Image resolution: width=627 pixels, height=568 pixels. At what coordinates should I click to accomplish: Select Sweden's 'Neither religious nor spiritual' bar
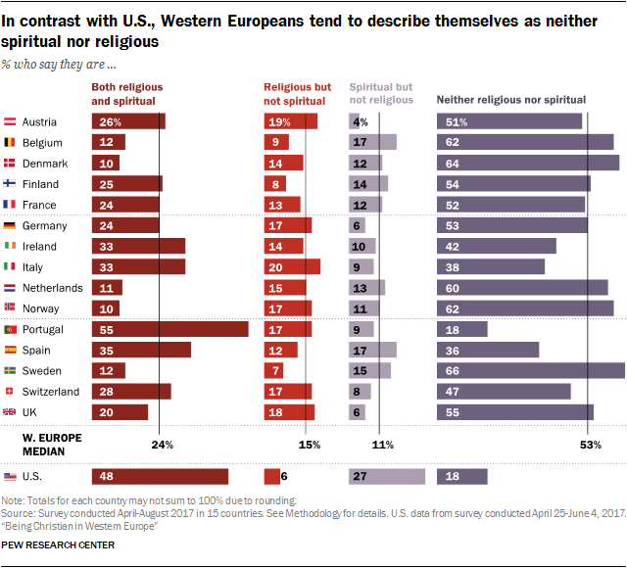[x=530, y=371]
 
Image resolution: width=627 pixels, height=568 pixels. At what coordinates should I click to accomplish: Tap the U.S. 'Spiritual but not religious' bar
[x=387, y=477]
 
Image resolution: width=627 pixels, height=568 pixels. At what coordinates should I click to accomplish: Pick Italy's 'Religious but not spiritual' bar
[x=292, y=266]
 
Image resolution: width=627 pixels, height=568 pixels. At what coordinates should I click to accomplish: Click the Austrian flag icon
[x=10, y=122]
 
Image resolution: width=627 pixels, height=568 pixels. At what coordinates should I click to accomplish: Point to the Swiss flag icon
[x=10, y=392]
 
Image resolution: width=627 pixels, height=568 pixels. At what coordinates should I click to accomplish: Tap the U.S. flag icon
[x=10, y=477]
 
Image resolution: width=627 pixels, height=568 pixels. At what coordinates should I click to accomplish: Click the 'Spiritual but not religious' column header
[x=381, y=93]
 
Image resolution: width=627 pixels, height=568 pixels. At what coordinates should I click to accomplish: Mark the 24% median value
[x=162, y=445]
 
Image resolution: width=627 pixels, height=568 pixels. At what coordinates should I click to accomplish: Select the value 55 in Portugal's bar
[x=105, y=330]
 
